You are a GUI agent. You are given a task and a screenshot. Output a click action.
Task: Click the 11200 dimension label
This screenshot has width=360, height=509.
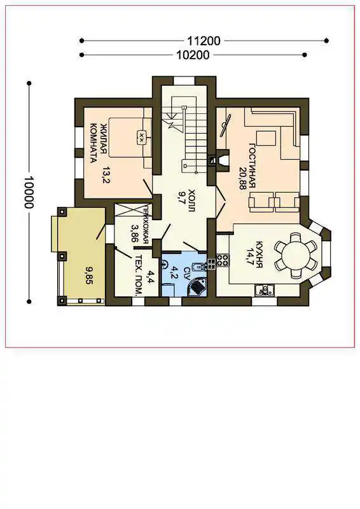(x=204, y=41)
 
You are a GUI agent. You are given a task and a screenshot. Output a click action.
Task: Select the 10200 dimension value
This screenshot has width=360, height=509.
(x=193, y=55)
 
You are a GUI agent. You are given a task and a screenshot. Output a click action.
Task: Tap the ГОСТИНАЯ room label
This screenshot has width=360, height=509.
(x=253, y=166)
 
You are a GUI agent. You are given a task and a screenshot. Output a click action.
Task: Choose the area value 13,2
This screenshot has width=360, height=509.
(x=106, y=175)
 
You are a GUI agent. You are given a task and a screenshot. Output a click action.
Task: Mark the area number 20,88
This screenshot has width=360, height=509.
(x=242, y=179)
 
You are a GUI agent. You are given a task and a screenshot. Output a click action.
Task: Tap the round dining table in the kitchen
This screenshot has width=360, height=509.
(x=296, y=255)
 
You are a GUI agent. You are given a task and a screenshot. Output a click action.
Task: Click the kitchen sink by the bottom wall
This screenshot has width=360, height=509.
(x=265, y=290)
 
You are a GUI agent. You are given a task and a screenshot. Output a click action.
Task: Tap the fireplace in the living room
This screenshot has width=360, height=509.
(x=223, y=161)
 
